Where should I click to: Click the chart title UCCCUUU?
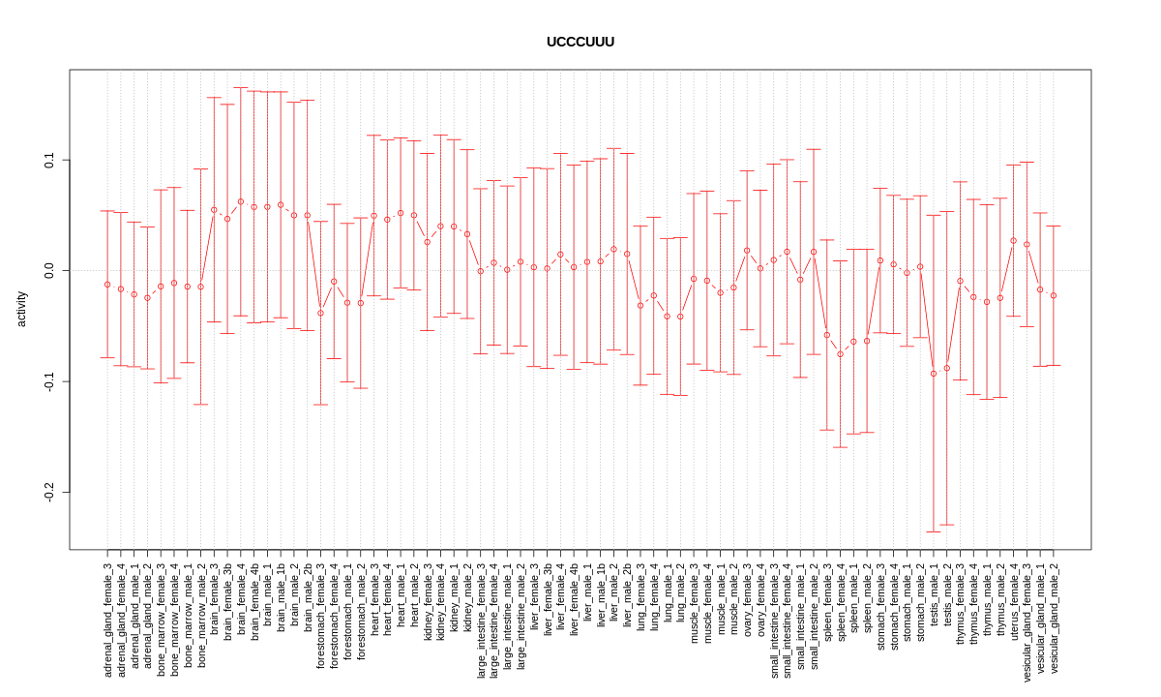580,43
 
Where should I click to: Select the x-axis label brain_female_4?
241,600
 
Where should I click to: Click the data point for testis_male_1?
934,374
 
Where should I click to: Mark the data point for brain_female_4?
241,201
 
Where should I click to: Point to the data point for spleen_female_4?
840,354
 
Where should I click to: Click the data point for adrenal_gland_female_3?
107,285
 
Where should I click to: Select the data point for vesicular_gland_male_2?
1054,295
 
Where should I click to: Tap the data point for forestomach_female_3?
320,313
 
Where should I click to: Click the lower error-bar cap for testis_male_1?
934,531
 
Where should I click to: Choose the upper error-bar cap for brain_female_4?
241,88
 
